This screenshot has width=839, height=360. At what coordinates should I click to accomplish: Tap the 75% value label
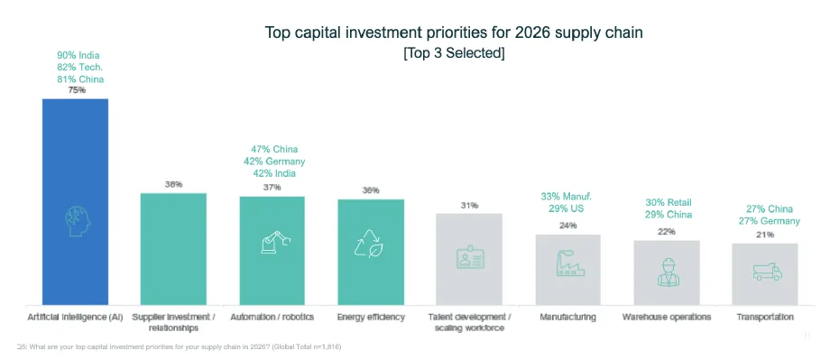pos(76,90)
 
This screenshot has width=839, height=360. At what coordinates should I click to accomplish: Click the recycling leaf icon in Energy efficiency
pos(371,244)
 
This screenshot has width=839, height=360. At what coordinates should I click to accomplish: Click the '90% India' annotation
pos(76,55)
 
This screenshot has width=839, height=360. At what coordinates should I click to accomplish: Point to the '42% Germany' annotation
pos(273,162)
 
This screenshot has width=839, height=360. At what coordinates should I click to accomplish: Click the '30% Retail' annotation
pos(668,203)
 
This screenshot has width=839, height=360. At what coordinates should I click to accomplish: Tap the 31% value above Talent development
pos(469,206)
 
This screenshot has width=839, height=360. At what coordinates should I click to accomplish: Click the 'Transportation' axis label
pos(765,317)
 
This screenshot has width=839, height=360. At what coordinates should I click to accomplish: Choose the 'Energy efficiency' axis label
pos(371,317)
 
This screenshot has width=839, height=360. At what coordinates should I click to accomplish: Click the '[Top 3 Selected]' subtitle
pos(454,53)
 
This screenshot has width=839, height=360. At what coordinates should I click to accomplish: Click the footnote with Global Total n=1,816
pos(180,347)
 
